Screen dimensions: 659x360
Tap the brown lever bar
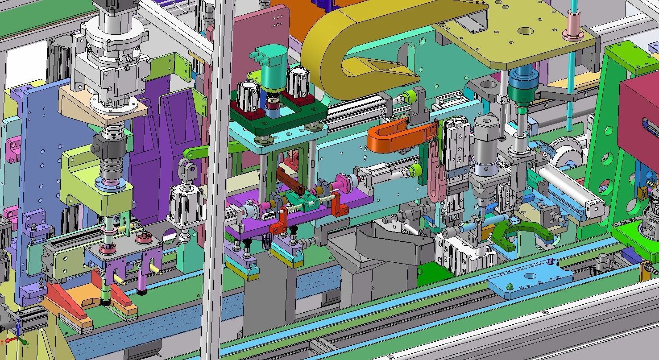(x=290, y=181)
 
